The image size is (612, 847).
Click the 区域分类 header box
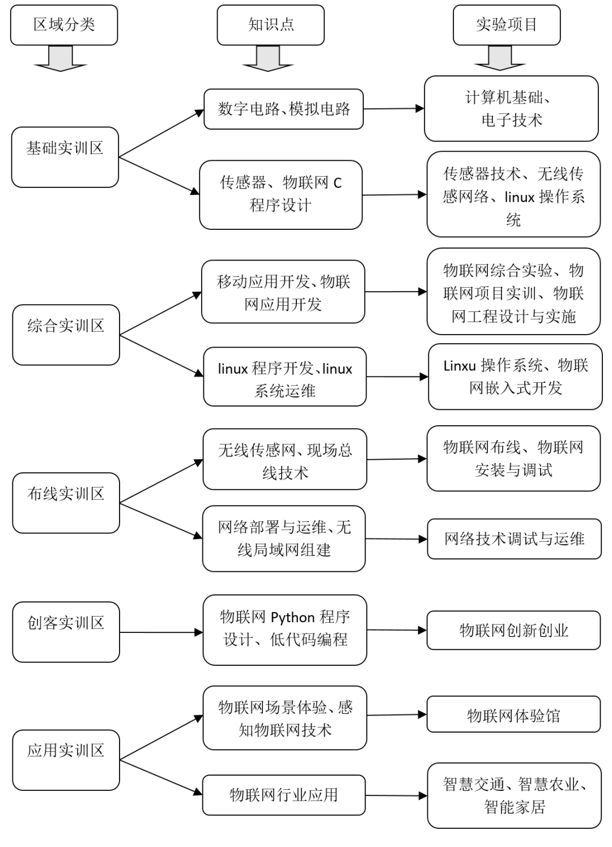[64, 25]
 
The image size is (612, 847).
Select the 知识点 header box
[271, 25]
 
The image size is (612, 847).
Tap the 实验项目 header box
[507, 25]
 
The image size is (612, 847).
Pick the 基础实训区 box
[65, 157]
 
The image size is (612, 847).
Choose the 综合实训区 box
[66, 335]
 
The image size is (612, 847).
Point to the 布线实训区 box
[66, 503]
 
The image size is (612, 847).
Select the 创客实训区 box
[66, 632]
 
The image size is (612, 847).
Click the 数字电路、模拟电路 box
[283, 109]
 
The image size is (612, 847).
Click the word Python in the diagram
[293, 617]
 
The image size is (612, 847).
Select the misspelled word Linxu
[460, 366]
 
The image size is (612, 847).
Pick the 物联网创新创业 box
[513, 630]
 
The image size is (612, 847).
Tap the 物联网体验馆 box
[513, 716]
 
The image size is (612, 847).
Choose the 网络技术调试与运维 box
[514, 539]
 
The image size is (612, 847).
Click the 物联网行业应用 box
[283, 795]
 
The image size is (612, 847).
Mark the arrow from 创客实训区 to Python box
[161, 632]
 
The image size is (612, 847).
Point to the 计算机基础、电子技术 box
[511, 109]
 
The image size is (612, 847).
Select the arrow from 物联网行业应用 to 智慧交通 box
[396, 795]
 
